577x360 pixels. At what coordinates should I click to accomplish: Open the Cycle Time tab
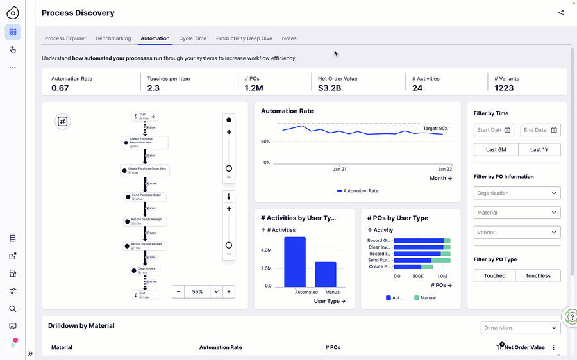tap(192, 38)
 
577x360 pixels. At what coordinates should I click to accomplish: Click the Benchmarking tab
tap(113, 38)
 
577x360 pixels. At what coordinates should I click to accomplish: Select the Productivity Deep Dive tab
tap(244, 38)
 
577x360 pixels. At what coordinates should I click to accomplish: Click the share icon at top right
tap(561, 13)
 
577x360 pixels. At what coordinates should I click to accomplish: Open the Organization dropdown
tap(517, 193)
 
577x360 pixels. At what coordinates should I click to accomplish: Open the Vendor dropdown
tap(517, 233)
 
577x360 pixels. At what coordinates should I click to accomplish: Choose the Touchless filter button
tap(538, 275)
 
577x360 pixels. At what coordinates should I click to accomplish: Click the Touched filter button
tap(495, 275)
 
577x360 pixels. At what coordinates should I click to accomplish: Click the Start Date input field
tap(494, 130)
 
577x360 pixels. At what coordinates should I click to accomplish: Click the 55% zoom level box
tap(197, 291)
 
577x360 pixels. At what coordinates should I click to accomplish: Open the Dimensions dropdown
tap(520, 327)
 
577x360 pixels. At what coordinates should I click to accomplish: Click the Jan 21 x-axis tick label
tap(339, 169)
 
